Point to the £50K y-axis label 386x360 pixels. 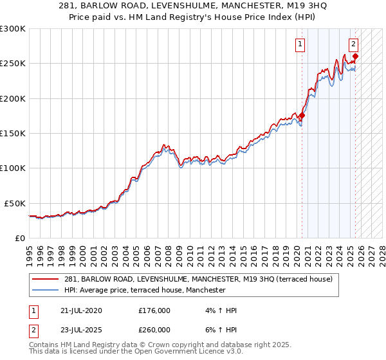coord(14,203)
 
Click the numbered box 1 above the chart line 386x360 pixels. coord(301,44)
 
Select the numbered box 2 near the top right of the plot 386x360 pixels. coord(354,44)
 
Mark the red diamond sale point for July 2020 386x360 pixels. coord(302,116)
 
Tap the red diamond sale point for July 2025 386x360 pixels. coord(356,57)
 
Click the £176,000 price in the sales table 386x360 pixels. coord(154,311)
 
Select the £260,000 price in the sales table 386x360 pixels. coord(154,330)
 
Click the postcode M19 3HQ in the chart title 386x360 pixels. coord(311,7)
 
